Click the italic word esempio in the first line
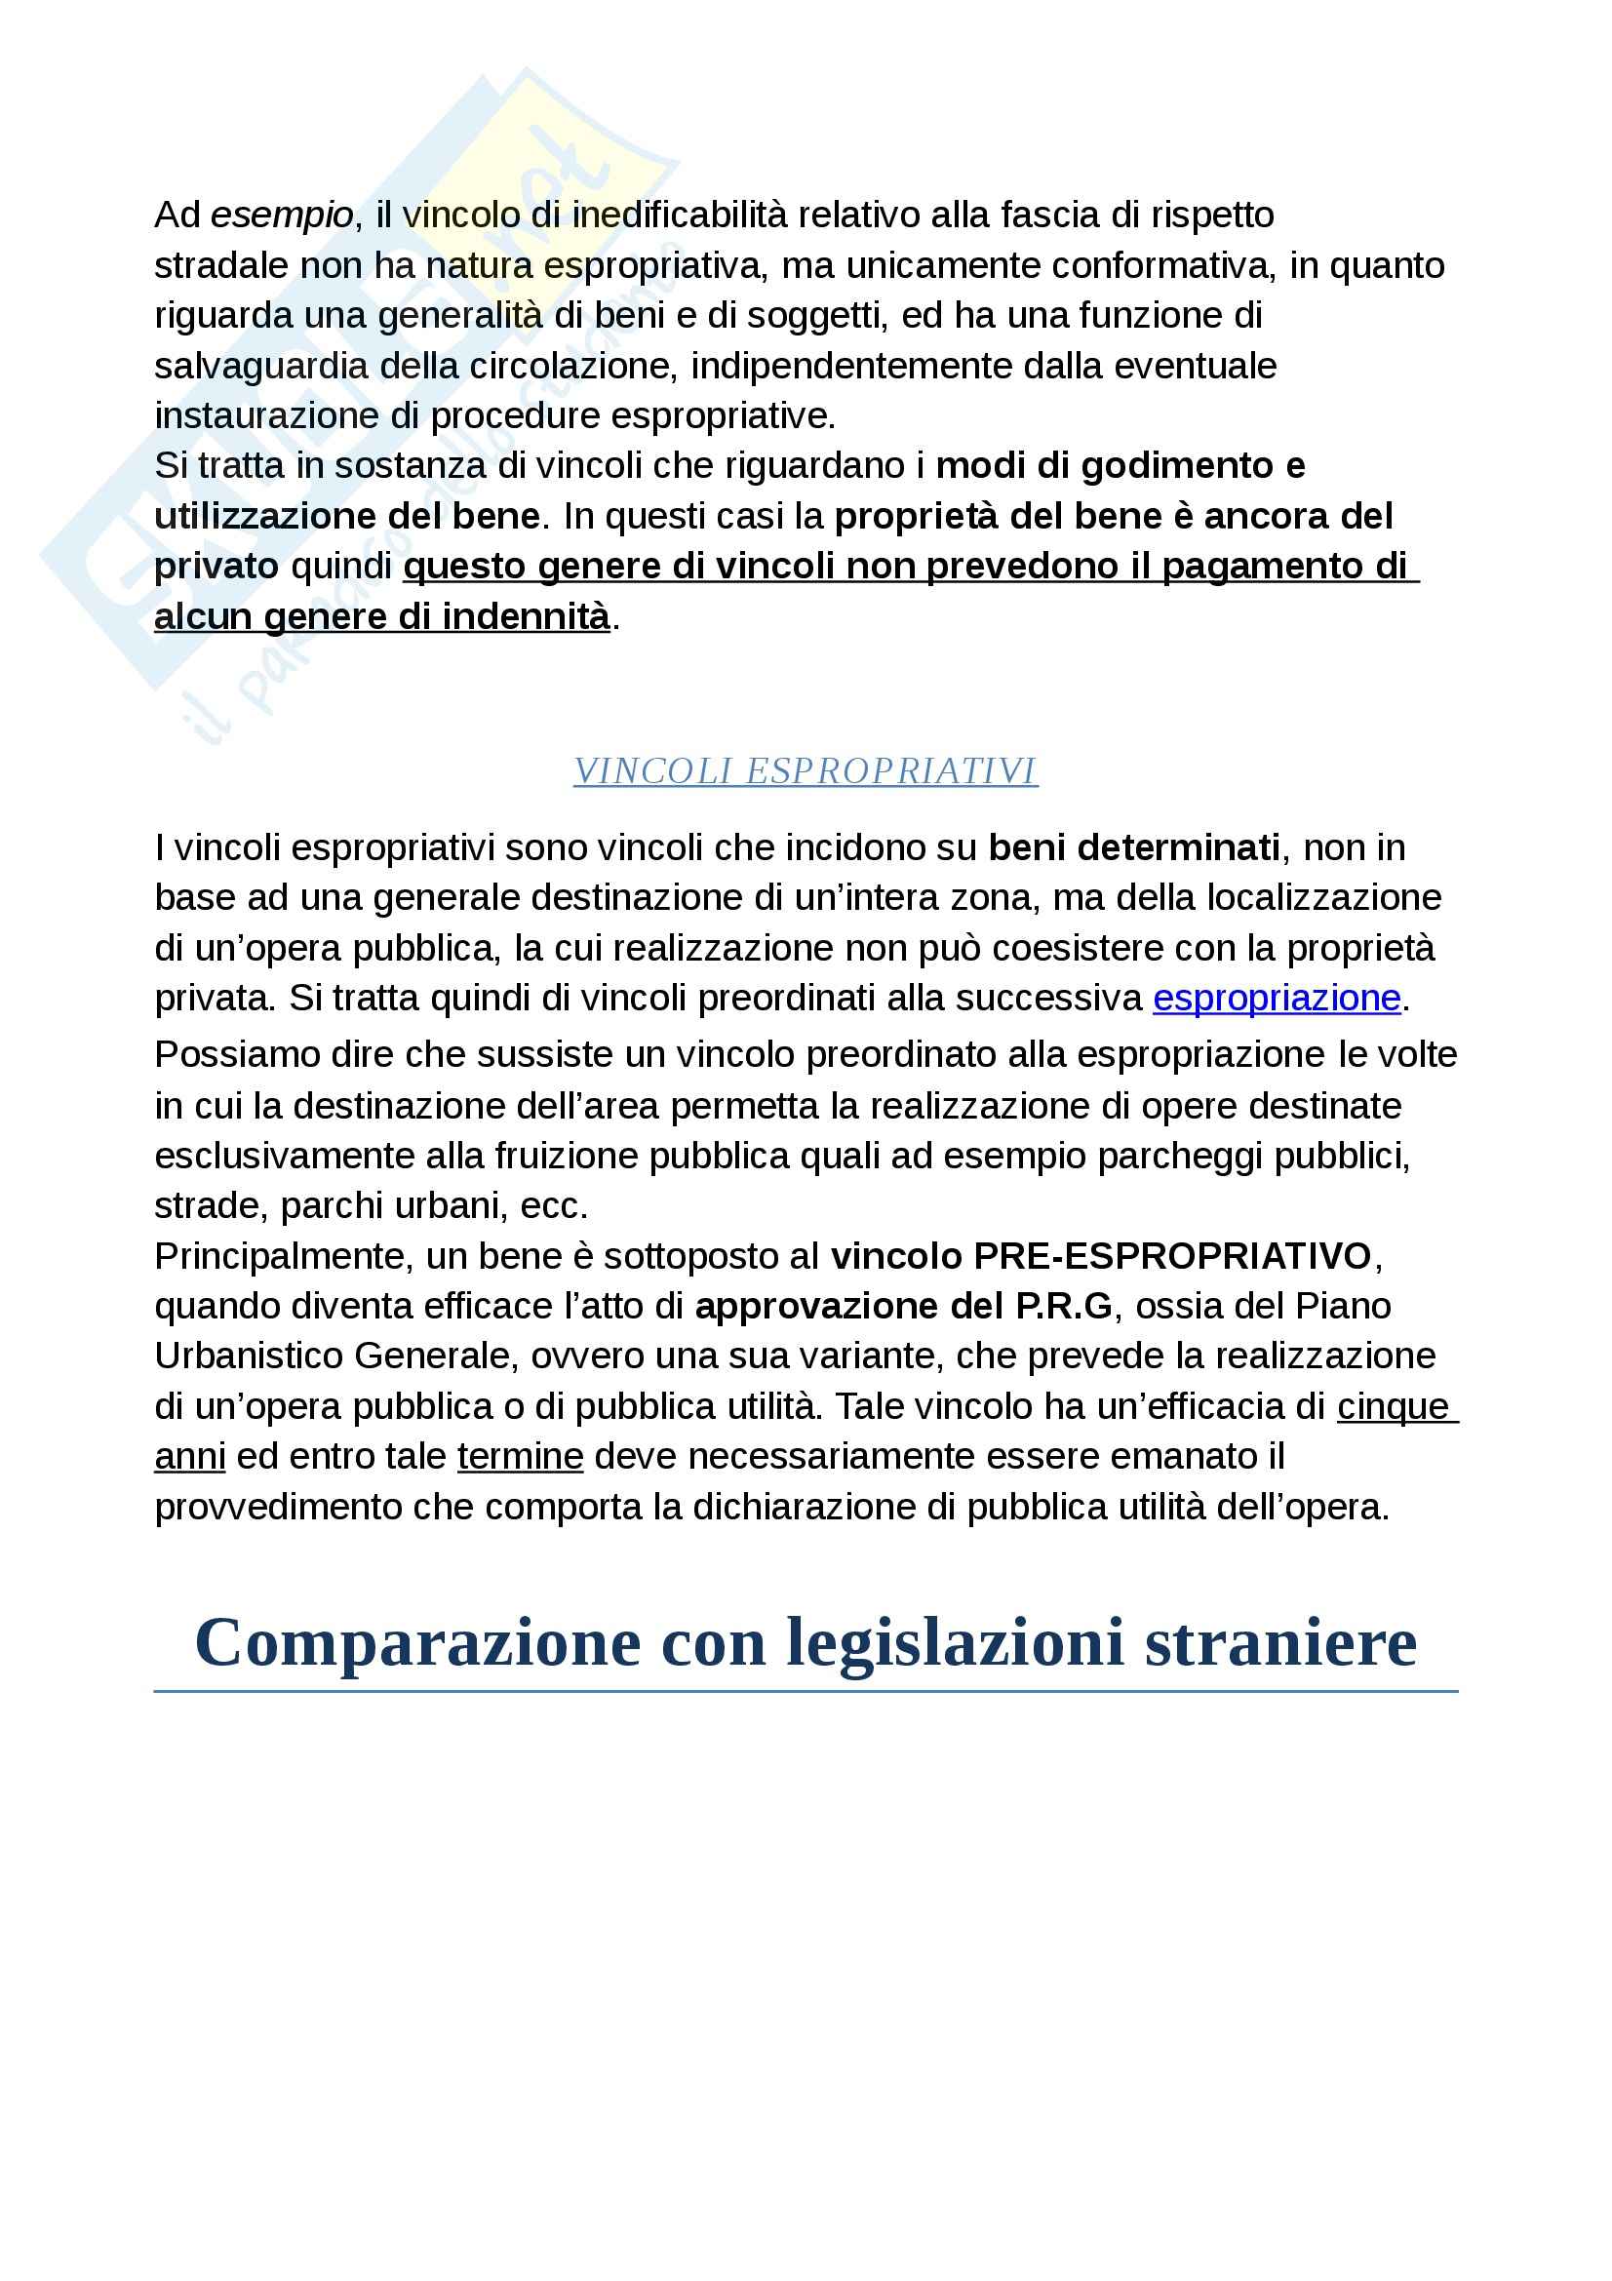click(x=282, y=216)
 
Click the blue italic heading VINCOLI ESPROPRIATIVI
click(x=806, y=771)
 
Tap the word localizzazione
click(x=1323, y=898)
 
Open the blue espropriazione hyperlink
click(x=1277, y=999)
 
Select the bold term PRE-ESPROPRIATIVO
click(x=1172, y=1257)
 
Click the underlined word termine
click(x=520, y=1456)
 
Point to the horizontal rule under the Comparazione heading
click(x=806, y=1691)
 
